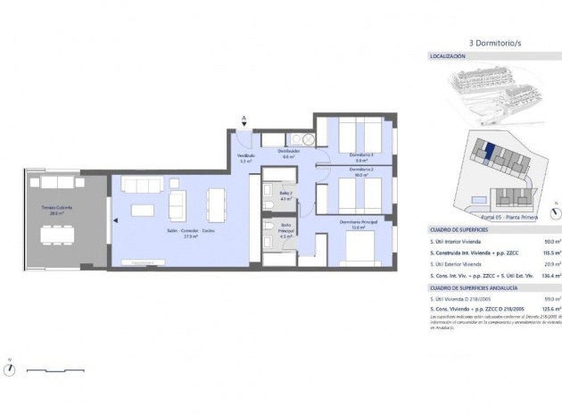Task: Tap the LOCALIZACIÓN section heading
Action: point(449,56)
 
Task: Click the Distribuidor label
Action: point(288,154)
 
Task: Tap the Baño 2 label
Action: point(285,195)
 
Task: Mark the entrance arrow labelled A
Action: point(244,119)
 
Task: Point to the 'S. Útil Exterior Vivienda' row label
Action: point(461,265)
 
